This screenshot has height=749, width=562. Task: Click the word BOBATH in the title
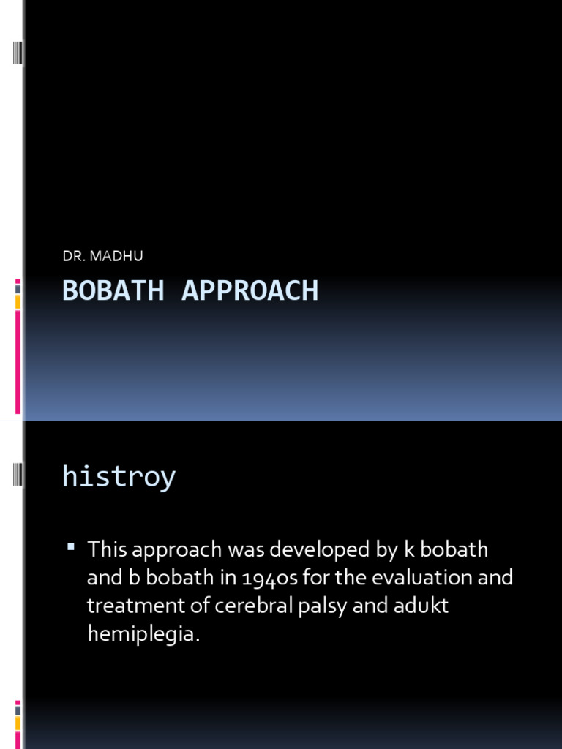coord(113,290)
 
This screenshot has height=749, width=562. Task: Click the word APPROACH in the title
coord(250,290)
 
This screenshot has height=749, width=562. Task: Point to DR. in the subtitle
coord(73,255)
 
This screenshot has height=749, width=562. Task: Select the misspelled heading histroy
coord(119,477)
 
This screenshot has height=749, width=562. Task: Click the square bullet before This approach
coord(71,546)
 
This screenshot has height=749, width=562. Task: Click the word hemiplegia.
coord(143,634)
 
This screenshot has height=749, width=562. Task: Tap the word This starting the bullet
coord(107,549)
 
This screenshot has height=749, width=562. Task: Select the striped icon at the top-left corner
coord(18,54)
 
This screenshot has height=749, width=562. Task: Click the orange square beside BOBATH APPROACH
coord(18,301)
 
